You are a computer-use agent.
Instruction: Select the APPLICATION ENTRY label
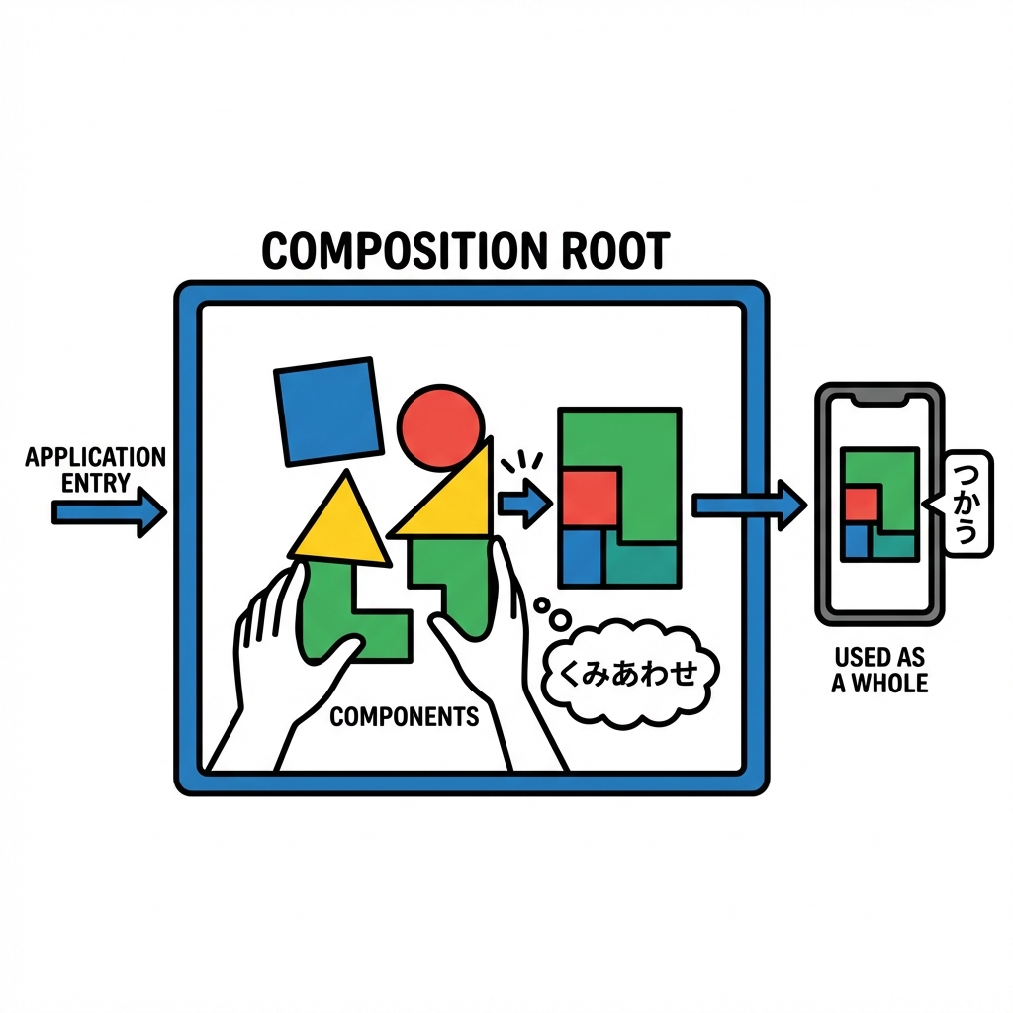pyautogui.click(x=95, y=470)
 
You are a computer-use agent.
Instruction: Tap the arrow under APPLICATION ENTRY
pyautogui.click(x=108, y=512)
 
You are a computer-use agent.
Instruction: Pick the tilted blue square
pyautogui.click(x=328, y=411)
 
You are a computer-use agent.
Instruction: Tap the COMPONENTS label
pyautogui.click(x=404, y=716)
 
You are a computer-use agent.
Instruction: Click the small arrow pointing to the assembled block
pyautogui.click(x=524, y=506)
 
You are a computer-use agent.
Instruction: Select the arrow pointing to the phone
pyautogui.click(x=748, y=506)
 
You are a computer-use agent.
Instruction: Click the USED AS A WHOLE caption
pyautogui.click(x=879, y=670)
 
